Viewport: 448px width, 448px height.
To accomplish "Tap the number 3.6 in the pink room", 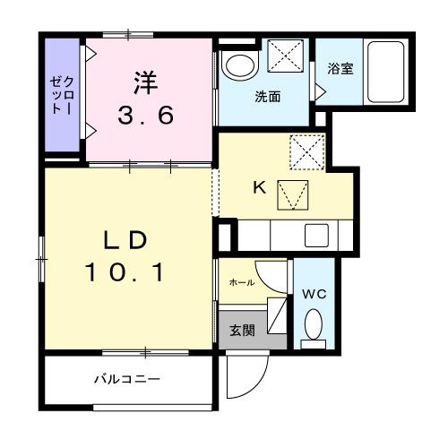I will point(146,115).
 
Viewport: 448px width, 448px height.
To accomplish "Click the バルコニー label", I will point(127,379).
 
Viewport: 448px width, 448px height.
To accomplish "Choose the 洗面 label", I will point(266,97).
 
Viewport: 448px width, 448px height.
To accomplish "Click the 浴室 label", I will point(339,69).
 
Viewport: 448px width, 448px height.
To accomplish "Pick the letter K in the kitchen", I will point(258,187).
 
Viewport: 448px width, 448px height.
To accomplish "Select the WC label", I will point(313,294).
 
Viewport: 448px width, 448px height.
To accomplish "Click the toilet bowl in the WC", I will point(314,323).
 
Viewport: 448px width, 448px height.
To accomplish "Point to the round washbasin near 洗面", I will point(239,64).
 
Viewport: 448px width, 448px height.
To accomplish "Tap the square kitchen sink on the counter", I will point(315,236).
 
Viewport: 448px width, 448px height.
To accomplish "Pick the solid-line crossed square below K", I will point(292,193).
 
